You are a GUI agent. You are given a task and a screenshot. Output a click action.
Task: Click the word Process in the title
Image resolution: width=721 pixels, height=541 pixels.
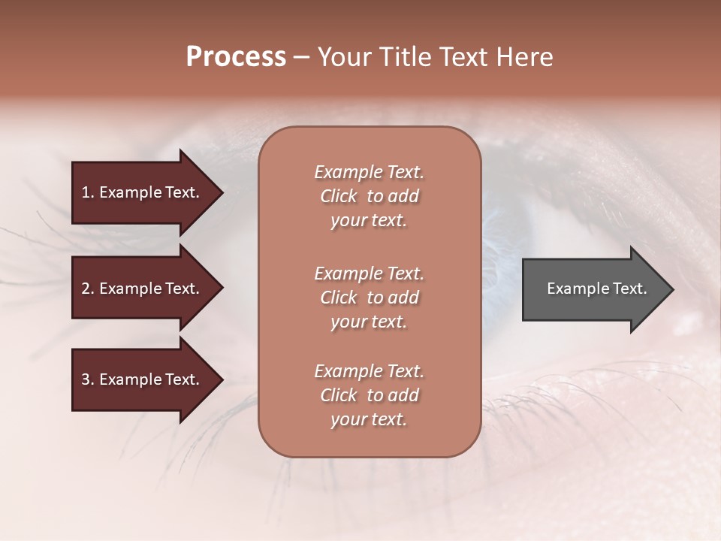coord(236,57)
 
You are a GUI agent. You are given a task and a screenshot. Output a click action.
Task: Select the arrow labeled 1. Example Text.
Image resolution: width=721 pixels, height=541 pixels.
coord(143,192)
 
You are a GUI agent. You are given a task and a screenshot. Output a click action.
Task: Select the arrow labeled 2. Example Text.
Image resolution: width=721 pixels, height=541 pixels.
coord(143,289)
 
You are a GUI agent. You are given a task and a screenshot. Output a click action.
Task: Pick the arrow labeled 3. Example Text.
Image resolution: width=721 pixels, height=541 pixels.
coord(143,379)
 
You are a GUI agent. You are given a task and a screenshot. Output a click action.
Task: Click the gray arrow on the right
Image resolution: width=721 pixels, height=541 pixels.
coord(593,289)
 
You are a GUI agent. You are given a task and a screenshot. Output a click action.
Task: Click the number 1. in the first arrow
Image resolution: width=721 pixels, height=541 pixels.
coord(88,192)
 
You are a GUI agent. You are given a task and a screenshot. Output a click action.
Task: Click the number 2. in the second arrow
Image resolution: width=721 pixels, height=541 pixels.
coord(88,289)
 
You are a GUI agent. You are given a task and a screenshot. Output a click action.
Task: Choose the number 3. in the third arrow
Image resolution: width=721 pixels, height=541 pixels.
coord(88,379)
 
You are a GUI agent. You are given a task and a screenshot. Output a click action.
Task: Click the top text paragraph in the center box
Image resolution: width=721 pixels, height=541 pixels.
coord(369,196)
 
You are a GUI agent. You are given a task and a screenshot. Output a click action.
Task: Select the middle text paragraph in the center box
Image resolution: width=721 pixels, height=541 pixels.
coord(369,298)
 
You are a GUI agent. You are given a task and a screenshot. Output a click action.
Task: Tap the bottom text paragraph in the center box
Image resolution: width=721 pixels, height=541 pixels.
coord(369,395)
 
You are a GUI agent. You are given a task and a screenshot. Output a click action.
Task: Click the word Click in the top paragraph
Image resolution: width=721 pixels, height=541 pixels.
coord(339,196)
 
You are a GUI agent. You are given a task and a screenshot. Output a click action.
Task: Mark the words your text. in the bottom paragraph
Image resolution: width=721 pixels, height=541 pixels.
coord(369,420)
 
